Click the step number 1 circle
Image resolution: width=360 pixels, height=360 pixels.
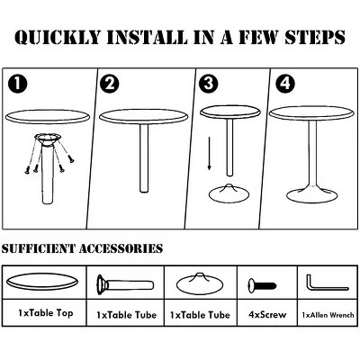point(18,84)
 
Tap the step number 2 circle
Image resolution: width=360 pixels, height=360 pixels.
point(110,84)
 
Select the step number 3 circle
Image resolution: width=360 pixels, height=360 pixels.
point(209,84)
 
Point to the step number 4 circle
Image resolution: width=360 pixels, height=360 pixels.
point(285,84)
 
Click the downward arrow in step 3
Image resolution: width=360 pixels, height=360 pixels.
point(210,153)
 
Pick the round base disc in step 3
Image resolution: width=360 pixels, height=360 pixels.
point(229,193)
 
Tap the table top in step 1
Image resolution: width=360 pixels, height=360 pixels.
point(48,117)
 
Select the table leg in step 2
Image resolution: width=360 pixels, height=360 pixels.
point(144,158)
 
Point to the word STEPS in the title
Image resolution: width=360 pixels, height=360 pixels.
point(315,37)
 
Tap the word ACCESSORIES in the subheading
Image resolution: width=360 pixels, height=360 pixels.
point(121,248)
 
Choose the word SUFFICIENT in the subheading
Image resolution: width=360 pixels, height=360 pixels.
point(38,248)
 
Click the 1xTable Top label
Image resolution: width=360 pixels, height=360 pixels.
point(46,313)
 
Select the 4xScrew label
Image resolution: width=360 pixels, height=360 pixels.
point(267,315)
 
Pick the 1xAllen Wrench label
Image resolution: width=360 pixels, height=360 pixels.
point(328,315)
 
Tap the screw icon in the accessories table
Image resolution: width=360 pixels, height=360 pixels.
point(262,285)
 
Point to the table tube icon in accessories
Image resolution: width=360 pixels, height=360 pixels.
point(125,283)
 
